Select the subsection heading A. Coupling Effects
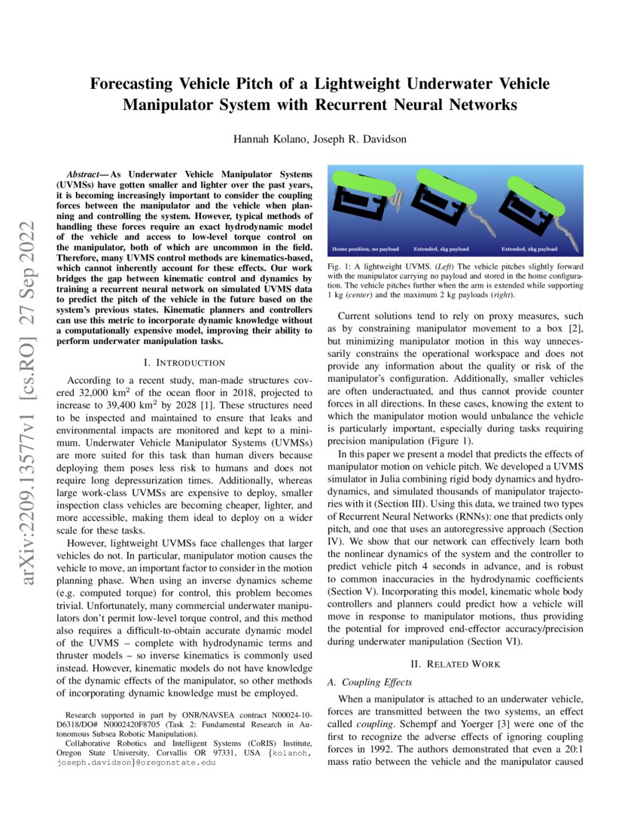tap(370, 682)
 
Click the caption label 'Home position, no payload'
tap(369, 248)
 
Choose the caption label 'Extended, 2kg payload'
tap(530, 248)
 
